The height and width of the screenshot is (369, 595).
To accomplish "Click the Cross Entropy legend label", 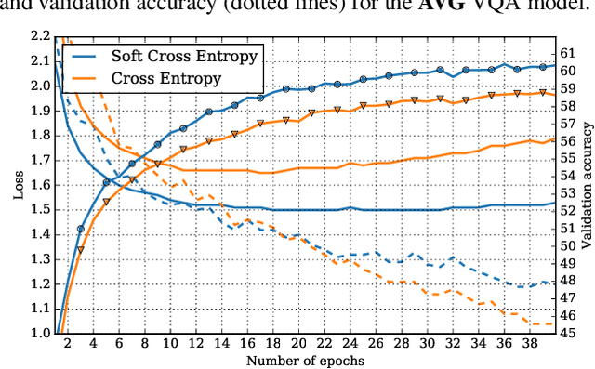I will tap(166, 78).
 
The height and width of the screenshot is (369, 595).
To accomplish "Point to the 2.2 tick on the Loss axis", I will tap(42, 36).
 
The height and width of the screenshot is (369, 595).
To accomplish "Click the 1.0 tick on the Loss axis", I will tap(42, 333).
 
